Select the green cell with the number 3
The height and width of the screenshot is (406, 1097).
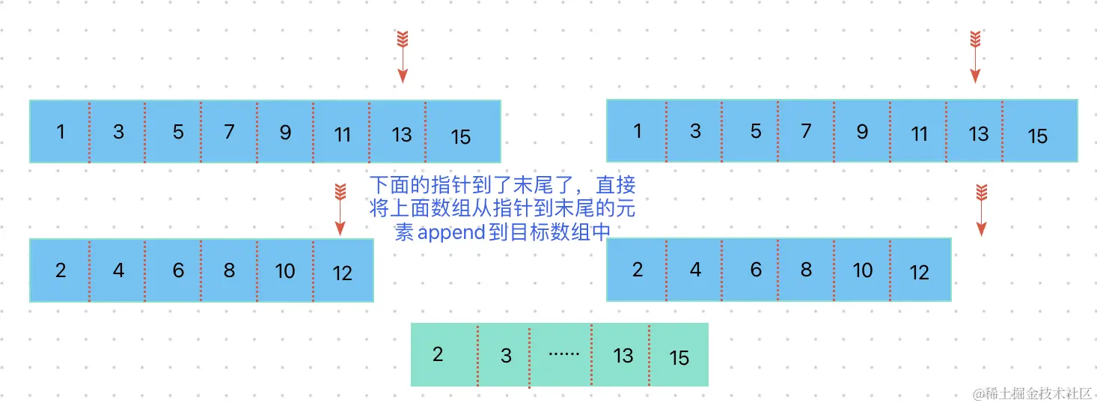point(503,354)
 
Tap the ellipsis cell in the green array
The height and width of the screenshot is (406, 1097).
point(560,354)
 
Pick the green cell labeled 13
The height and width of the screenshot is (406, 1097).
point(620,354)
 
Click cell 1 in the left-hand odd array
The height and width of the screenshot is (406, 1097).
point(60,132)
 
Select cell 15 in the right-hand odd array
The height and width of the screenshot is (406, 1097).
point(1039,132)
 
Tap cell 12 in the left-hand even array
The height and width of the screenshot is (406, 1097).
point(343,270)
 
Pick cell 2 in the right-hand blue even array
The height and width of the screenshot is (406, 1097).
point(637,270)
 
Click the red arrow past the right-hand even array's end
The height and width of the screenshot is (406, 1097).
point(982,210)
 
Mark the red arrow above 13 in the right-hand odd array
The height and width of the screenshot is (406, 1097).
point(974,57)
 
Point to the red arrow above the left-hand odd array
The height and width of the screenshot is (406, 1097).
point(403,57)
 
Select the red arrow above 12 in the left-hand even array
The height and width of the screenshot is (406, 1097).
point(340,210)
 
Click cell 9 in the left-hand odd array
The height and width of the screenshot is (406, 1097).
point(285,132)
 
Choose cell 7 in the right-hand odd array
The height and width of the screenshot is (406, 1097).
point(806,132)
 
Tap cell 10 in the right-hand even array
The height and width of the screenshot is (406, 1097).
point(862,270)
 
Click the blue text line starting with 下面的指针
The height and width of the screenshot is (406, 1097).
point(501,184)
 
